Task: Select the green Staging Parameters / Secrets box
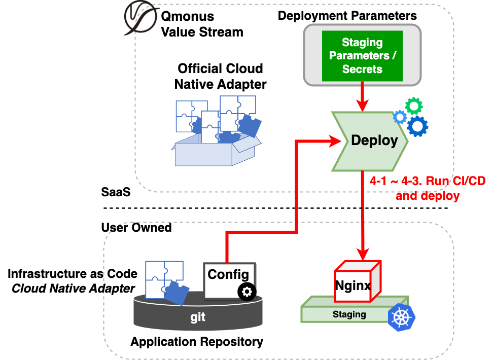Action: pos(362,56)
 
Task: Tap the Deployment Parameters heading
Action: pos(347,16)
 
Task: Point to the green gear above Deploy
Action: pos(414,106)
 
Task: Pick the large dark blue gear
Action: pos(417,126)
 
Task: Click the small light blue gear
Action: pos(400,117)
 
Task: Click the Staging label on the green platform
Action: pos(349,314)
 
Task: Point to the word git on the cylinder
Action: pos(198,317)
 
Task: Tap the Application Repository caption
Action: pos(197,342)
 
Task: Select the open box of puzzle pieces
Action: pos(217,132)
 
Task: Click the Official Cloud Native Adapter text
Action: pos(220,76)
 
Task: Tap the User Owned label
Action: pos(136,227)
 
